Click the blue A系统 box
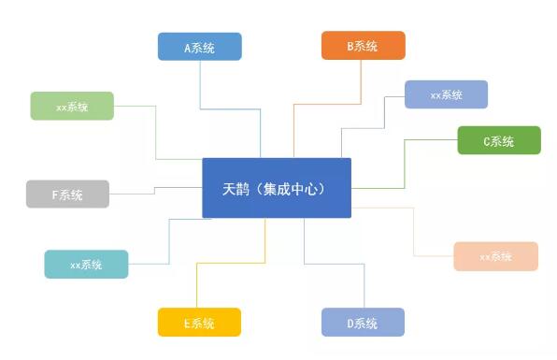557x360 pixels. (x=200, y=47)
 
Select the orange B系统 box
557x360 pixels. (x=363, y=46)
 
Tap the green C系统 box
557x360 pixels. (x=499, y=140)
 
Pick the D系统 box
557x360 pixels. (x=363, y=322)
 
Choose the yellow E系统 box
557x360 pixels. (x=199, y=322)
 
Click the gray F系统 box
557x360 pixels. (x=67, y=194)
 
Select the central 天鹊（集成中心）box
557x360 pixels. (x=277, y=188)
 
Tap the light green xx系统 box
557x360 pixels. (x=72, y=106)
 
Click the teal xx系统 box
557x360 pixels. (x=86, y=264)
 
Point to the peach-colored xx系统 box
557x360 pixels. (x=496, y=256)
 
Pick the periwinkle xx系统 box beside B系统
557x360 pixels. (x=446, y=94)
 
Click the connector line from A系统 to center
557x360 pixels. (x=230, y=109)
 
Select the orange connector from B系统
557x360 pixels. (x=327, y=104)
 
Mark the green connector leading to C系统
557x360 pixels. (x=405, y=164)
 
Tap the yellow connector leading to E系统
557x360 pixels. (x=231, y=263)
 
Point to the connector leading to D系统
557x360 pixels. (x=335, y=264)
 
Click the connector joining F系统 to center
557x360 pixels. (x=154, y=191)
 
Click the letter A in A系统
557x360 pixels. (x=188, y=48)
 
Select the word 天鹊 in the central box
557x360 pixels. (x=236, y=189)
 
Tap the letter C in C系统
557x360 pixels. (x=487, y=142)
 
